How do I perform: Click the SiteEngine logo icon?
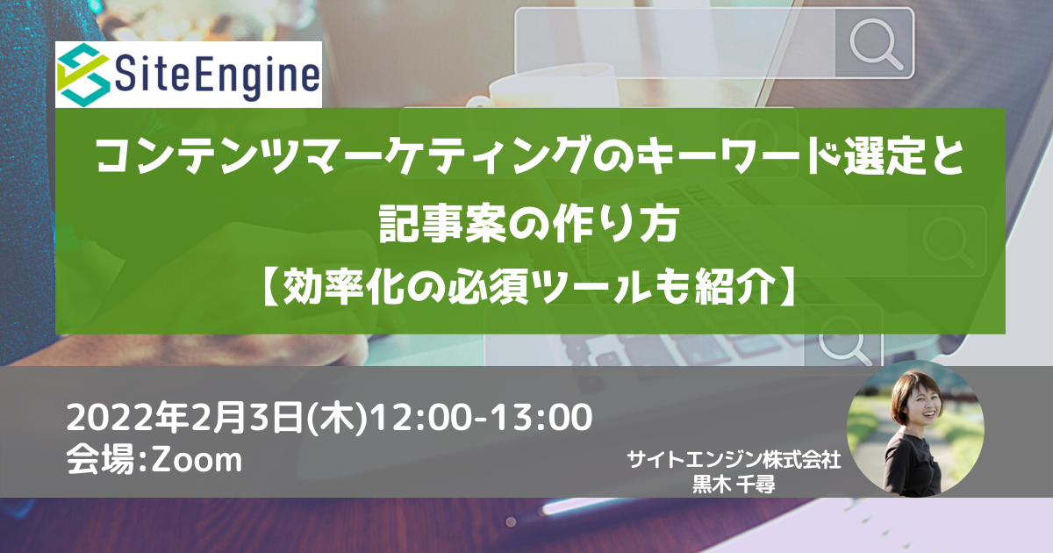(83, 75)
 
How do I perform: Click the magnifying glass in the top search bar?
(876, 44)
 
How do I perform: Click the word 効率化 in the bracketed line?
(344, 286)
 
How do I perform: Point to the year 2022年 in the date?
(127, 418)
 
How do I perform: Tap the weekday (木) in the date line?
(337, 418)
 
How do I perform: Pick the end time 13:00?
(541, 418)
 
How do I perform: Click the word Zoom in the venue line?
(197, 459)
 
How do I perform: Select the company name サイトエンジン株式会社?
(734, 459)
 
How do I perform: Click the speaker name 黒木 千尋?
(734, 485)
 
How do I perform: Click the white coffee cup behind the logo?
(550, 90)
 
